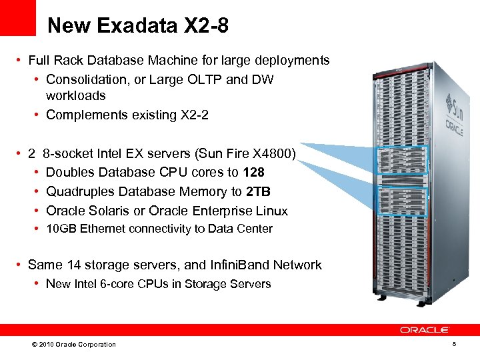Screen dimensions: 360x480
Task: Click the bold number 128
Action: click(x=254, y=172)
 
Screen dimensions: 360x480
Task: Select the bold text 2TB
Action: click(x=258, y=191)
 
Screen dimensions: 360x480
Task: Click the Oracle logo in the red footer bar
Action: click(x=425, y=330)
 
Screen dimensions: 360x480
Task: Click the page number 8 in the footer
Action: click(x=454, y=344)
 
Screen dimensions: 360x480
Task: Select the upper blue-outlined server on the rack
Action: click(x=402, y=161)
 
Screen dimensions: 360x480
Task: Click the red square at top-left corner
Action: click(x=18, y=17)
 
